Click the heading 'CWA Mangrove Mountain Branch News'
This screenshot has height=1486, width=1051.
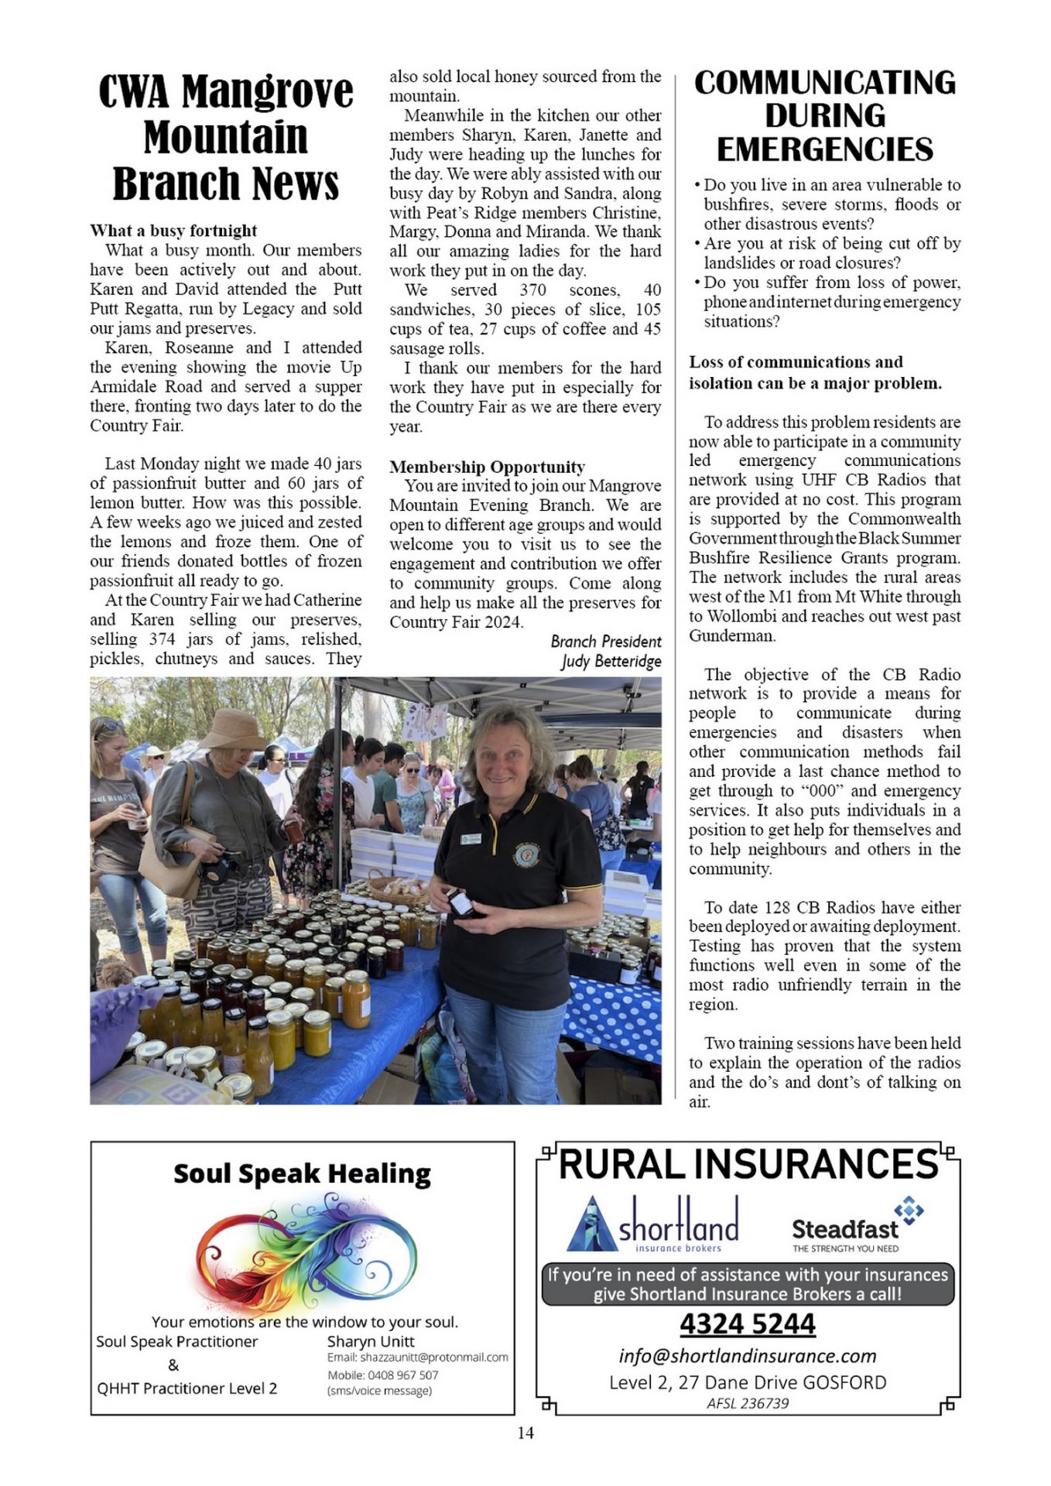pyautogui.click(x=225, y=138)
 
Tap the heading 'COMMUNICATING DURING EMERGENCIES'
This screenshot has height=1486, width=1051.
pyautogui.click(x=824, y=116)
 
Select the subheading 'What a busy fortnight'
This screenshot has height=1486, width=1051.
pyautogui.click(x=173, y=231)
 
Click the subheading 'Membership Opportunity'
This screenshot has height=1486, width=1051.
pyautogui.click(x=487, y=467)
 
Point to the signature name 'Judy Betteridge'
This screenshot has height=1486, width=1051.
pyautogui.click(x=611, y=661)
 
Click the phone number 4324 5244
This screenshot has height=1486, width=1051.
pyautogui.click(x=747, y=1324)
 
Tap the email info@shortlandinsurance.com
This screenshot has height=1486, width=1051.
pyautogui.click(x=747, y=1356)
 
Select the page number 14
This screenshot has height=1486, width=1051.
pyautogui.click(x=525, y=1433)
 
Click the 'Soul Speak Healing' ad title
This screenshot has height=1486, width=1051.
pyautogui.click(x=302, y=1174)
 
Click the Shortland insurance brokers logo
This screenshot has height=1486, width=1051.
pyautogui.click(x=654, y=1224)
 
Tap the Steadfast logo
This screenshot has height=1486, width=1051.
pyautogui.click(x=855, y=1225)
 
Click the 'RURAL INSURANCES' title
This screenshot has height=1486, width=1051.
pyautogui.click(x=748, y=1165)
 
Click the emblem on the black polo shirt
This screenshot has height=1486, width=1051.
pyautogui.click(x=526, y=854)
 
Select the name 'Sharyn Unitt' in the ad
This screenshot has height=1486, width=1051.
pyautogui.click(x=371, y=1341)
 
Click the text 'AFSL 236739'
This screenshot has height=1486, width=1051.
pyautogui.click(x=747, y=1403)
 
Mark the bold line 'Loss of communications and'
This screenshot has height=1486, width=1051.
pyautogui.click(x=796, y=362)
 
